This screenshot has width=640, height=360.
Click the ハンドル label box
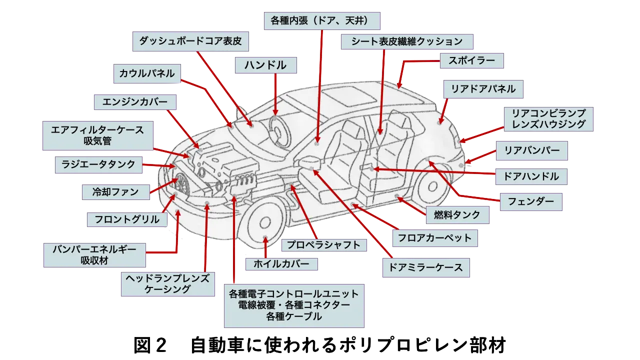pyautogui.click(x=265, y=65)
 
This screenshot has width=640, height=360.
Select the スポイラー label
pyautogui.click(x=471, y=61)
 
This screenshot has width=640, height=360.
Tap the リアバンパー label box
pyautogui.click(x=531, y=150)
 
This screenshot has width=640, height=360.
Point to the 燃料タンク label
pyautogui.click(x=457, y=215)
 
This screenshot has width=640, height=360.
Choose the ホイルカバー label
pyautogui.click(x=282, y=264)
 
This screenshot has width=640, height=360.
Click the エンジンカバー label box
pyautogui.click(x=134, y=102)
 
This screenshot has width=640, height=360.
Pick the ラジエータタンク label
pyautogui.click(x=98, y=164)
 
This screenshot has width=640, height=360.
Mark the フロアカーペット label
pyautogui.click(x=434, y=238)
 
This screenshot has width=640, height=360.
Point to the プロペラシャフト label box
pyautogui.click(x=323, y=244)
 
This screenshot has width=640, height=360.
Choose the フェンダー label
pyautogui.click(x=531, y=202)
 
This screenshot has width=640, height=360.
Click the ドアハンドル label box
pyautogui.click(x=531, y=176)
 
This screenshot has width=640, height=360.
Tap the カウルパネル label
pyautogui.click(x=146, y=73)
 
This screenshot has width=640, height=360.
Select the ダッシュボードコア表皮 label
pyautogui.click(x=190, y=41)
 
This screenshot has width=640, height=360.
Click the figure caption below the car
pyautogui.click(x=320, y=345)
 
